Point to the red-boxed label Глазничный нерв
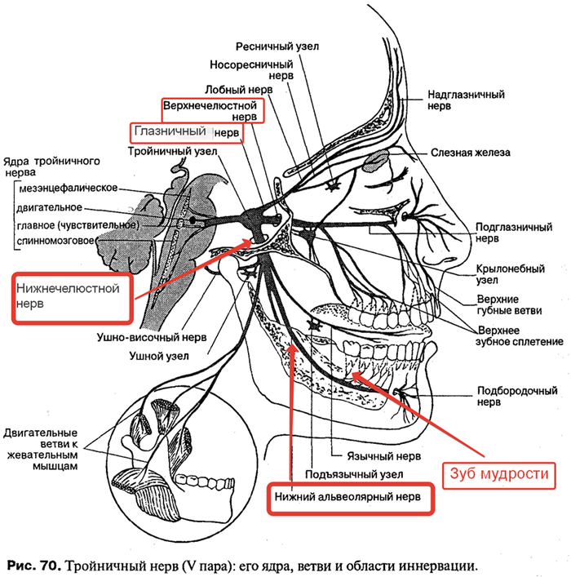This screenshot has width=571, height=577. (x=186, y=132)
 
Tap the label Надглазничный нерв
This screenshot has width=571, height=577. (x=466, y=100)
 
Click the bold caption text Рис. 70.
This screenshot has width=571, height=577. (x=33, y=565)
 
